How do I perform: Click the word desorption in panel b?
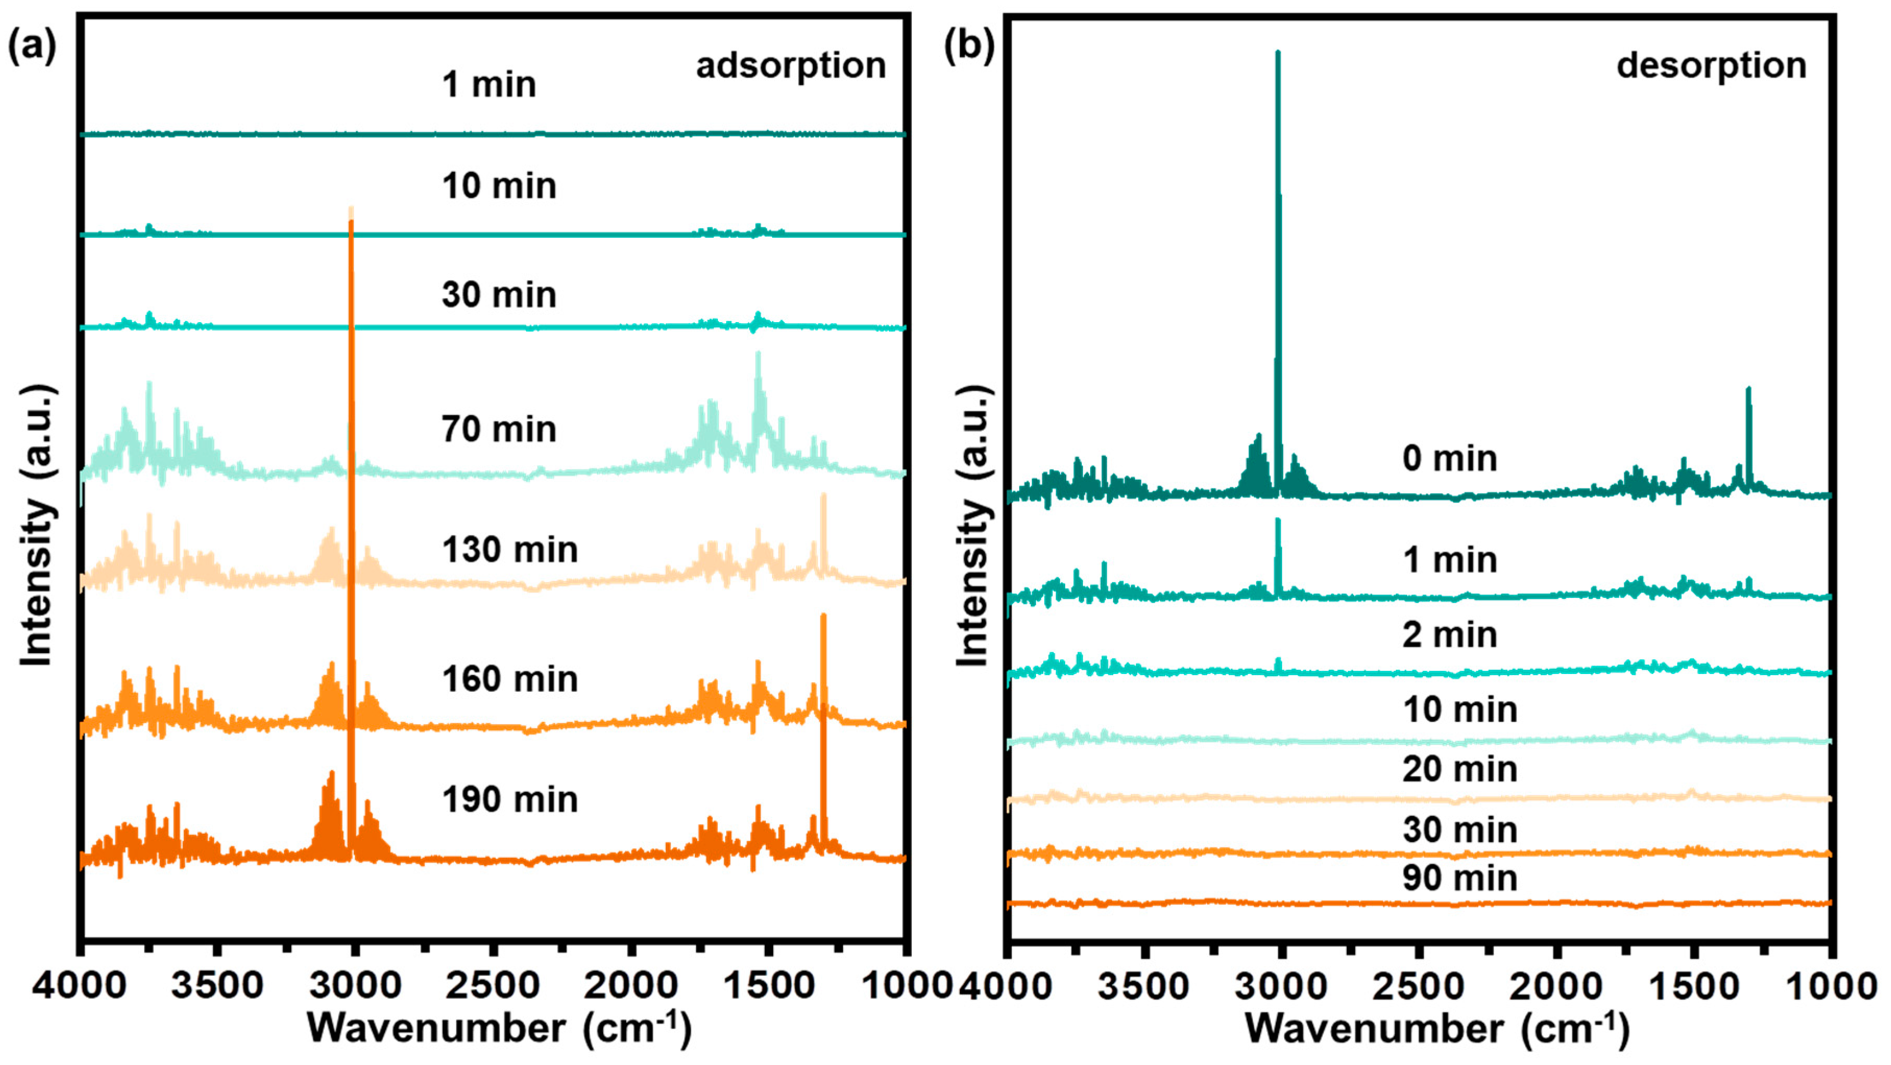pyautogui.click(x=1711, y=66)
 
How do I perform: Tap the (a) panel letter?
pyautogui.click(x=32, y=48)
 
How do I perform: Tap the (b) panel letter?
pyautogui.click(x=968, y=48)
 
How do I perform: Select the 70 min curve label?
pyautogui.click(x=498, y=430)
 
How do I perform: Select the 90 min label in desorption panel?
pyautogui.click(x=1459, y=878)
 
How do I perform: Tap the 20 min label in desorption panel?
pyautogui.click(x=1459, y=769)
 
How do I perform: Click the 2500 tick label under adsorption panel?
pyautogui.click(x=493, y=986)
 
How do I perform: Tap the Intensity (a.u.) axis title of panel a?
pyautogui.click(x=36, y=525)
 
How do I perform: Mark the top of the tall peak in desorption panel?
pyautogui.click(x=1278, y=53)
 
